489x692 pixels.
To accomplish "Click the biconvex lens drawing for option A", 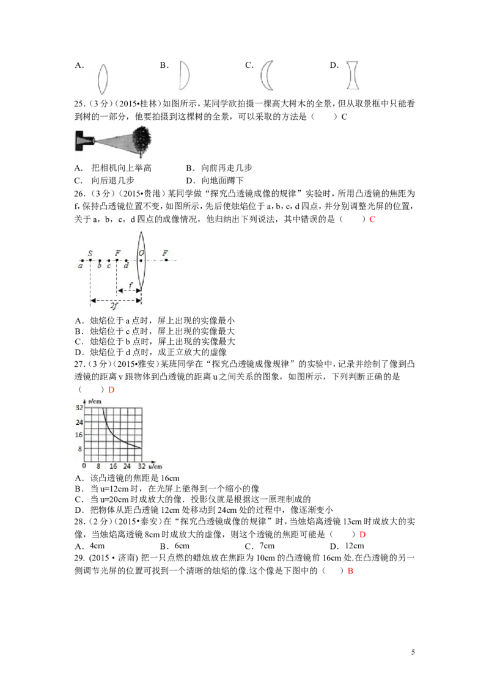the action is pos(103,79).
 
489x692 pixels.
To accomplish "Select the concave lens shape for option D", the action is pos(353,75).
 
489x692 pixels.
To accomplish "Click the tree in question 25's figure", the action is pos(142,141).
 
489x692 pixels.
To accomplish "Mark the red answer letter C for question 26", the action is pos(372,219).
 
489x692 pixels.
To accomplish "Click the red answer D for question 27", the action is pos(111,389).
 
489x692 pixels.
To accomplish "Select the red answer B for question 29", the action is pos(350,571).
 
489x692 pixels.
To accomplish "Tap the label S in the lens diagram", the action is pos(90,253).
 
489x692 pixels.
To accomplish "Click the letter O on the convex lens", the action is pos(141,253).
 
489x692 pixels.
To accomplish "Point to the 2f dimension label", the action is pos(114,306).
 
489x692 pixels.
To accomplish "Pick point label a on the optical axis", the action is pos(80,266).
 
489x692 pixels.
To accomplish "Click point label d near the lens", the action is pos(126,266).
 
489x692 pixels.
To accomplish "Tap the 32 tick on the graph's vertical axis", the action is pos(79,408).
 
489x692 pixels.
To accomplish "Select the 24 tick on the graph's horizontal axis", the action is pos(127,466).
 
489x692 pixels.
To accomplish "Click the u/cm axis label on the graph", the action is pos(155,466).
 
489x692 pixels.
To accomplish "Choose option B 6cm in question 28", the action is pos(175,546).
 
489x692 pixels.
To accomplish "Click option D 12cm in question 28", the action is pos(347,546).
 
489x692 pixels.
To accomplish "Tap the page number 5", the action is pos(413,652).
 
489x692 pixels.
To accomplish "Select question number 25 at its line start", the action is pos(79,104).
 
